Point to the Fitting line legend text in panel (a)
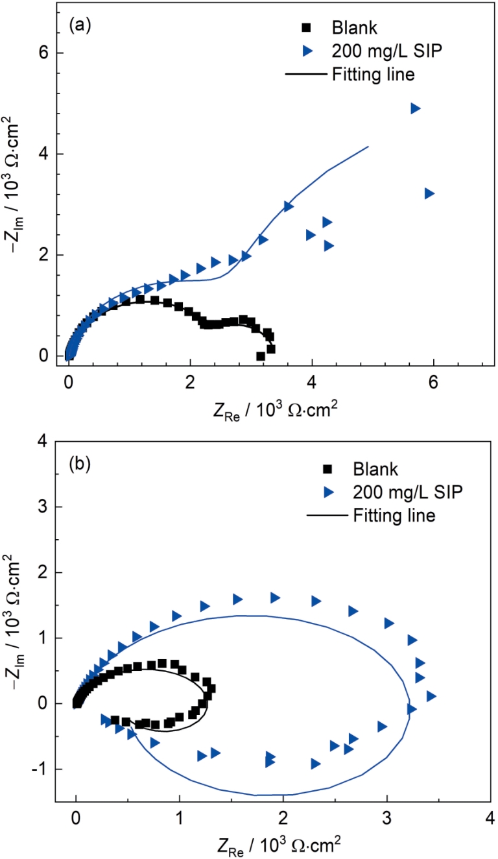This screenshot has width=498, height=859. (x=373, y=74)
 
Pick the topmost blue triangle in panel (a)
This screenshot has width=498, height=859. (x=416, y=108)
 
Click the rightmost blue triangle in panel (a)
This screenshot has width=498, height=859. (x=429, y=193)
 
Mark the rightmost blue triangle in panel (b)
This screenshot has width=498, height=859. (x=431, y=696)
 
